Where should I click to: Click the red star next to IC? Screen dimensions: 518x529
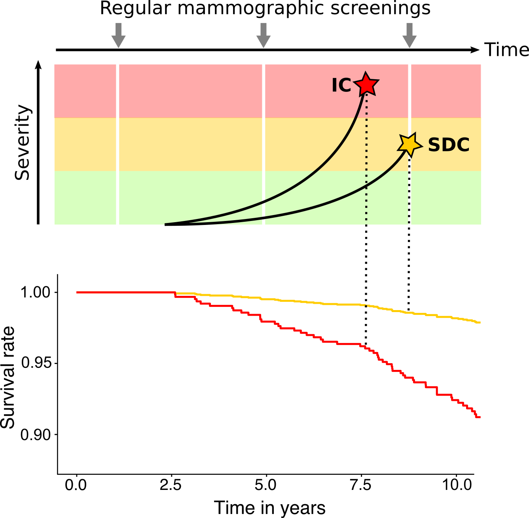tap(366, 84)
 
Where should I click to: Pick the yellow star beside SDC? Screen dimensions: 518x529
tap(410, 145)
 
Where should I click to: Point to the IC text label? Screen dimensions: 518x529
tap(341, 86)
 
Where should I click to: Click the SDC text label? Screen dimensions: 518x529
tap(449, 145)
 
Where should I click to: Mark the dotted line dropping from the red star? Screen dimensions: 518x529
tap(366, 158)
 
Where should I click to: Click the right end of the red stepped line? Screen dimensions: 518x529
tap(479, 417)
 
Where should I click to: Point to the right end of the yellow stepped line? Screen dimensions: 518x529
tap(479, 322)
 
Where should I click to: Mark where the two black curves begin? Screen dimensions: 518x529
tap(166, 224)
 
